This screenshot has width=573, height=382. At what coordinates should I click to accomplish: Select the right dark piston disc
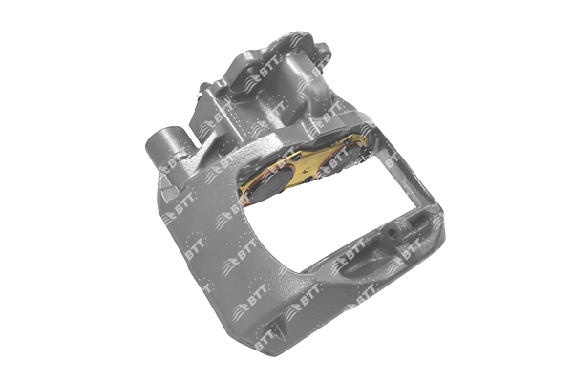(349, 155)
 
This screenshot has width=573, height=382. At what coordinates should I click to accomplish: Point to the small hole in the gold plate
(307, 169)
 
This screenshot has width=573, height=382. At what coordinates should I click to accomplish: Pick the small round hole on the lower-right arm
(393, 231)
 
